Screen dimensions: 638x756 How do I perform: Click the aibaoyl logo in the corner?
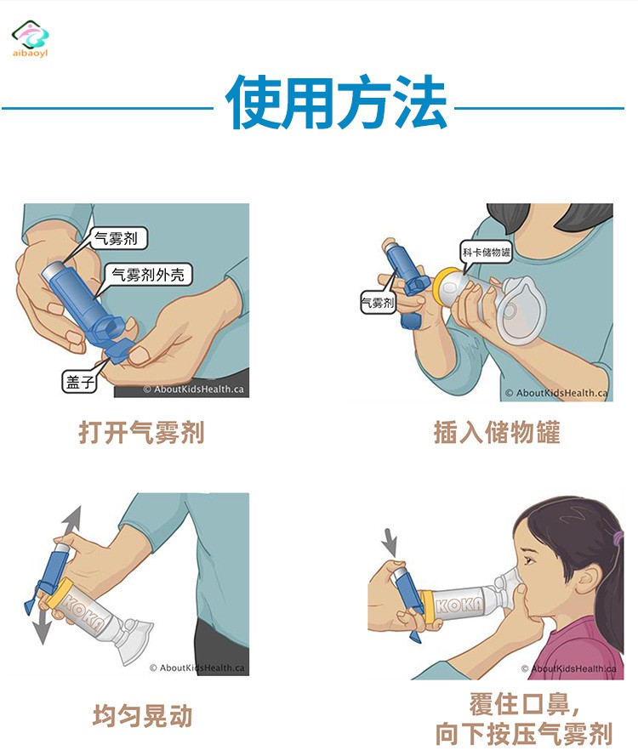(x=31, y=38)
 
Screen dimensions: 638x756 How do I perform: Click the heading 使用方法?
(x=336, y=103)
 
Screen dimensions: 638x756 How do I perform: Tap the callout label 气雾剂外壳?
(x=148, y=275)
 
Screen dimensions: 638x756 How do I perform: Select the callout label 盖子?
(x=80, y=383)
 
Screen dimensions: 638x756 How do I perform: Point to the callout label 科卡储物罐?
(x=486, y=253)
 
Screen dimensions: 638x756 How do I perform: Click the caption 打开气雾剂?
(x=142, y=432)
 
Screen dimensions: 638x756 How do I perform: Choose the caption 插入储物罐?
(x=497, y=432)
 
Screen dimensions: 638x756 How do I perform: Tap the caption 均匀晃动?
(x=143, y=715)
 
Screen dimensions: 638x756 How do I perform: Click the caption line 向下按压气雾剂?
(x=524, y=734)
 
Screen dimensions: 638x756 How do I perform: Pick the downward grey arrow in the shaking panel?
(x=42, y=629)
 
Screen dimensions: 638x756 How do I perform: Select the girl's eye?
(x=529, y=560)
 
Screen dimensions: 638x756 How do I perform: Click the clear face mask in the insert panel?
(x=521, y=309)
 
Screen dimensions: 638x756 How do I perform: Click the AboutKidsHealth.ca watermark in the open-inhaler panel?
(x=194, y=389)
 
